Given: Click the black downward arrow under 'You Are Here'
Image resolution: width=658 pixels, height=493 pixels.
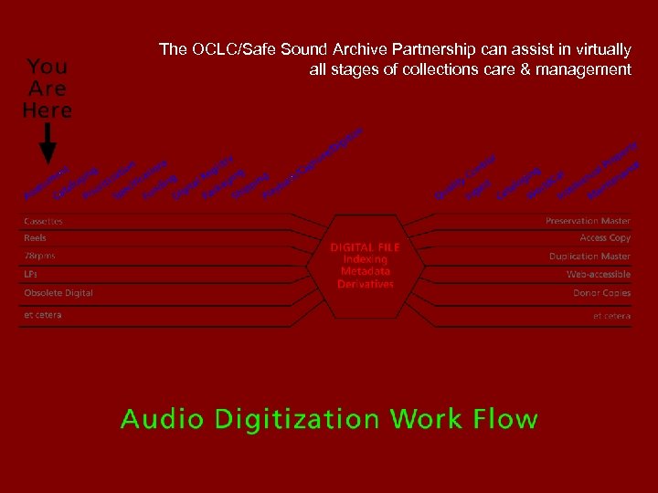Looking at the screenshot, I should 48,143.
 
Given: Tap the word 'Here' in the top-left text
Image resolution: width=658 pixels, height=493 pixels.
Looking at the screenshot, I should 48,110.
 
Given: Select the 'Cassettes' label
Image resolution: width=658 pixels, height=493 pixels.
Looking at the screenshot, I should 43,221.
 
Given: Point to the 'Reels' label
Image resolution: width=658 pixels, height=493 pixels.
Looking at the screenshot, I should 35,238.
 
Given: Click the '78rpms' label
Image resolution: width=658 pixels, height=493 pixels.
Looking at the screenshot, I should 39,256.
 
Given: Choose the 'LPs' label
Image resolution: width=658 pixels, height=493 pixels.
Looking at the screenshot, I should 31,274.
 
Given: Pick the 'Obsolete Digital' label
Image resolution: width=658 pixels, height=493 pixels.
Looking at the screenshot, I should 58,292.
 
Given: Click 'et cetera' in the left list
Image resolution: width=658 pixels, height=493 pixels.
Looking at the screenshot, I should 43,315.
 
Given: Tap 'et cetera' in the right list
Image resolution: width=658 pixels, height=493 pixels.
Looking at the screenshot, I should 611,316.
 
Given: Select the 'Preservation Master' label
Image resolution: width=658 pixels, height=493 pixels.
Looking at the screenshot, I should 588,221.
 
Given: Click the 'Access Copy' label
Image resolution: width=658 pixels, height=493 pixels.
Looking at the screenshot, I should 605,238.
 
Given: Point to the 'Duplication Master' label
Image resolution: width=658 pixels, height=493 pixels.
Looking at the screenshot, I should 589,257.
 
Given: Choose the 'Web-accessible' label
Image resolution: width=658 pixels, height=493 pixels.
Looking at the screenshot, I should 598,274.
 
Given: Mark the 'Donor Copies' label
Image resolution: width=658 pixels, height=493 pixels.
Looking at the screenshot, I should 601,292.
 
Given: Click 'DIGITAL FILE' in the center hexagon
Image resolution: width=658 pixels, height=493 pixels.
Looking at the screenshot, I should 365,247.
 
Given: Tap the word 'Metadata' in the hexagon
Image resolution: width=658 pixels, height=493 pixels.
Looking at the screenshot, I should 365,271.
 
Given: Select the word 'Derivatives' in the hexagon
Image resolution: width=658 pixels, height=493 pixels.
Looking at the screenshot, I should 365,284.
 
